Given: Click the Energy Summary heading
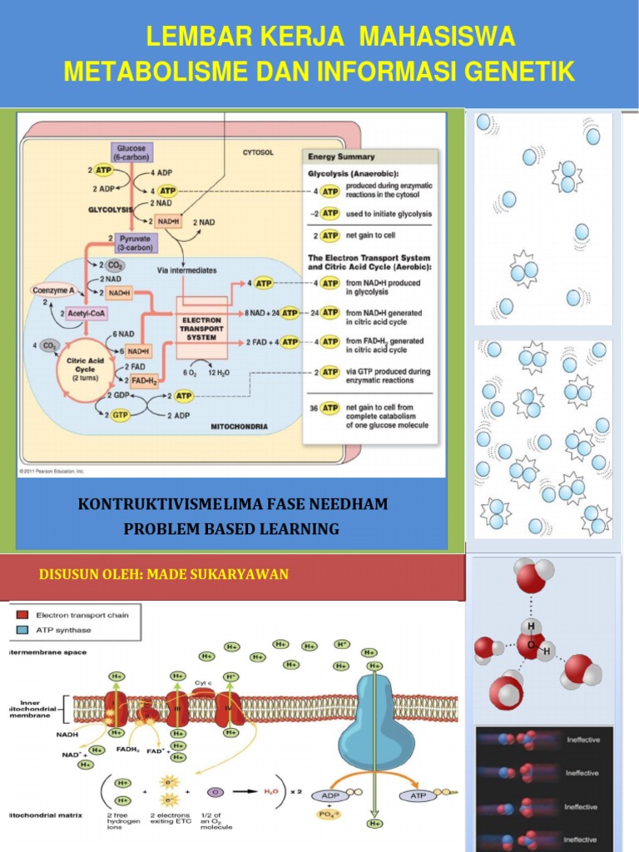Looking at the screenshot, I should (x=341, y=156).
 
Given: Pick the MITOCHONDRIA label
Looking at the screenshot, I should (x=239, y=426).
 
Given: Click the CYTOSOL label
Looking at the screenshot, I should (x=258, y=153).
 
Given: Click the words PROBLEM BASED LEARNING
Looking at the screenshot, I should (x=231, y=528).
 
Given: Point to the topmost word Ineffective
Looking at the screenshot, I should (x=582, y=739).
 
